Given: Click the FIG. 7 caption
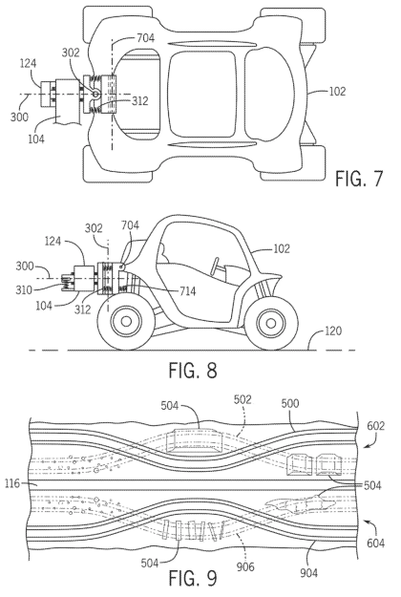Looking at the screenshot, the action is (358, 179).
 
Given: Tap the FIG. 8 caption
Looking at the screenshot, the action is (193, 370).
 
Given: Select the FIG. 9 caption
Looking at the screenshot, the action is (193, 579).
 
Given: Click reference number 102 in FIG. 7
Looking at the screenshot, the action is (337, 92).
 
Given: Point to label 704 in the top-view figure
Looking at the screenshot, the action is (145, 37).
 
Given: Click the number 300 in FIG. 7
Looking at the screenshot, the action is (19, 117).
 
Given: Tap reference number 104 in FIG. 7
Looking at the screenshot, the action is (36, 139).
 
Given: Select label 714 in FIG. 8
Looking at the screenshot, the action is (187, 291).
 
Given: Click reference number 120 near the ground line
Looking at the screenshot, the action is (333, 330).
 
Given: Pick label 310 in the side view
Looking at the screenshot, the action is (24, 290).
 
